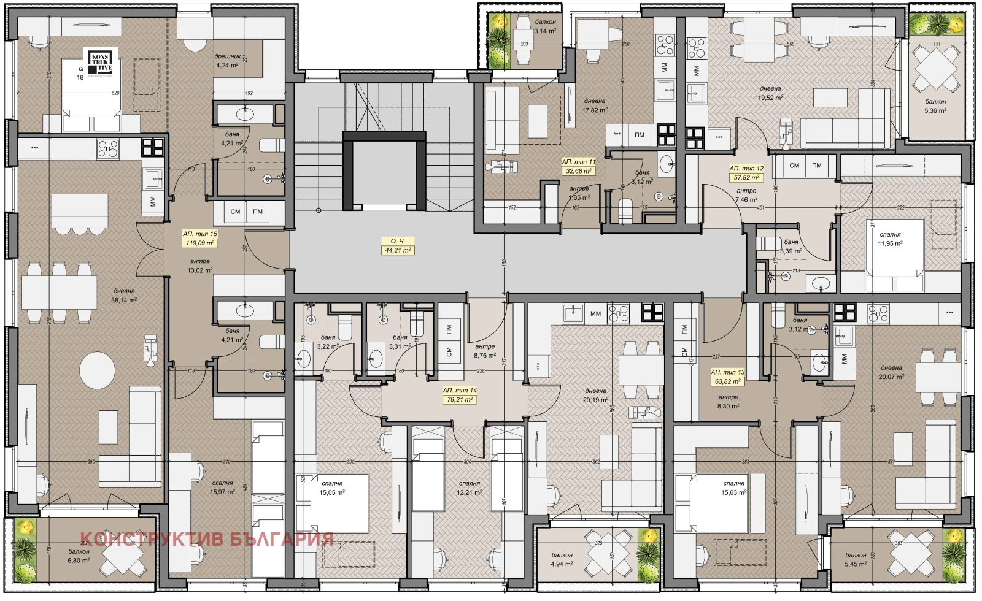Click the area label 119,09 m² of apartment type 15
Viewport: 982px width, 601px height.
201,243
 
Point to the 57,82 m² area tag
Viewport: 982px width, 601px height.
746,178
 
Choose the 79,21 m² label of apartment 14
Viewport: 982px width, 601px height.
461,400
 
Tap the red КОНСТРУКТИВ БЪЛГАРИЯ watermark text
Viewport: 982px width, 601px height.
207,539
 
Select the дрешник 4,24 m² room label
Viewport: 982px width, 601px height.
226,60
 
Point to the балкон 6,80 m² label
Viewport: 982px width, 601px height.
79,556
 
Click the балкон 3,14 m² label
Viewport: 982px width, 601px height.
545,26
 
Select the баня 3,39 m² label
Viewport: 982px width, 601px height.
791,247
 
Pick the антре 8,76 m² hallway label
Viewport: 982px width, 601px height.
485,351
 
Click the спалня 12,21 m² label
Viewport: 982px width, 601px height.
469,488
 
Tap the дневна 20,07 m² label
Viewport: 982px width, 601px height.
891,372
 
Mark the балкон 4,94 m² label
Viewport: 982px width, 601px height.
562,559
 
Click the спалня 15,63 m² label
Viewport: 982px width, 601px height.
734,488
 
